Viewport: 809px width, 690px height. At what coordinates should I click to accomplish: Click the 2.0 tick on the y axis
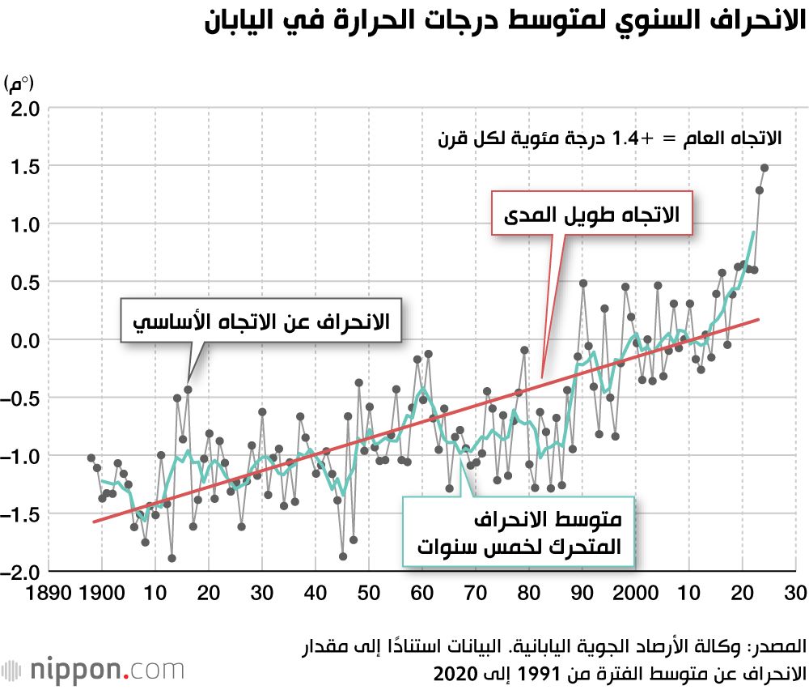point(25,108)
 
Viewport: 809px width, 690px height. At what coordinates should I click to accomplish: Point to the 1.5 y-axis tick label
point(25,166)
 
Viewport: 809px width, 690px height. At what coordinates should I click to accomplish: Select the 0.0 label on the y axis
point(25,340)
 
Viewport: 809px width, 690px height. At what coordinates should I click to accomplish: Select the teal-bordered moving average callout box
point(518,532)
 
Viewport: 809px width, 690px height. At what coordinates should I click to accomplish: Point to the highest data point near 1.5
point(765,168)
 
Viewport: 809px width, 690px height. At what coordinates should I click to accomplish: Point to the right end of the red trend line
point(759,319)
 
